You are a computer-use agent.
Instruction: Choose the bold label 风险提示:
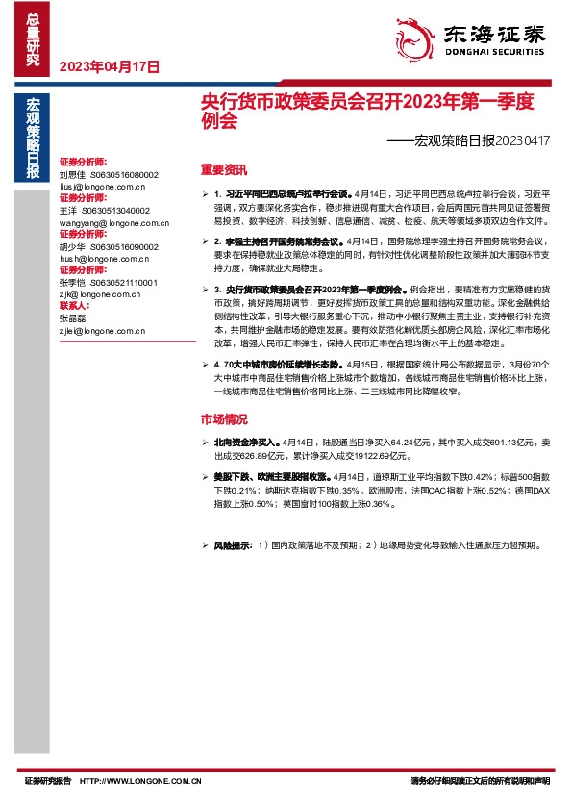(233, 545)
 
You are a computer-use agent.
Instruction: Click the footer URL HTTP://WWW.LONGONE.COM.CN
(140, 781)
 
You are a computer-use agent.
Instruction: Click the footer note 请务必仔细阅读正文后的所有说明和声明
(479, 781)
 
